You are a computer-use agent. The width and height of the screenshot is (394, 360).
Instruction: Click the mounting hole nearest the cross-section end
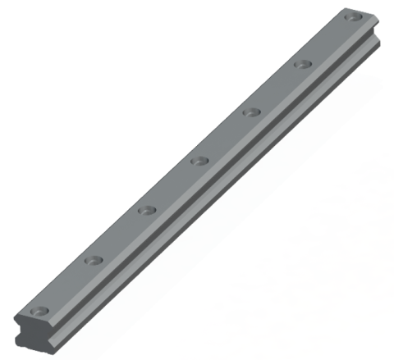point(39,311)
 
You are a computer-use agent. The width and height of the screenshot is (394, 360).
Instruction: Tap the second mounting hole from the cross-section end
point(93,260)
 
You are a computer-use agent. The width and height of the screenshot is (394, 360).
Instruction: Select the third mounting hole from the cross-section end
point(146,210)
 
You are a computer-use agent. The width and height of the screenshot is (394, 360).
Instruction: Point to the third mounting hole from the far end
point(251,111)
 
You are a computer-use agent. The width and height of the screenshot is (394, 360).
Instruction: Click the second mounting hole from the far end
point(304,62)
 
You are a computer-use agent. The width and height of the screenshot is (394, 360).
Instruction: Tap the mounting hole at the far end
point(355,16)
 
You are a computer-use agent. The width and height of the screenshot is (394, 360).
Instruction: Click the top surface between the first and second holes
point(66,285)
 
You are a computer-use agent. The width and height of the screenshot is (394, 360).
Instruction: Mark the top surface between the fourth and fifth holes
point(225,135)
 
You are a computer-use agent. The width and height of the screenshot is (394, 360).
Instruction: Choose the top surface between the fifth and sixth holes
point(277,87)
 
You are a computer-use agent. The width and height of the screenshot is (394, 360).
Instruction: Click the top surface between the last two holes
point(329,39)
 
